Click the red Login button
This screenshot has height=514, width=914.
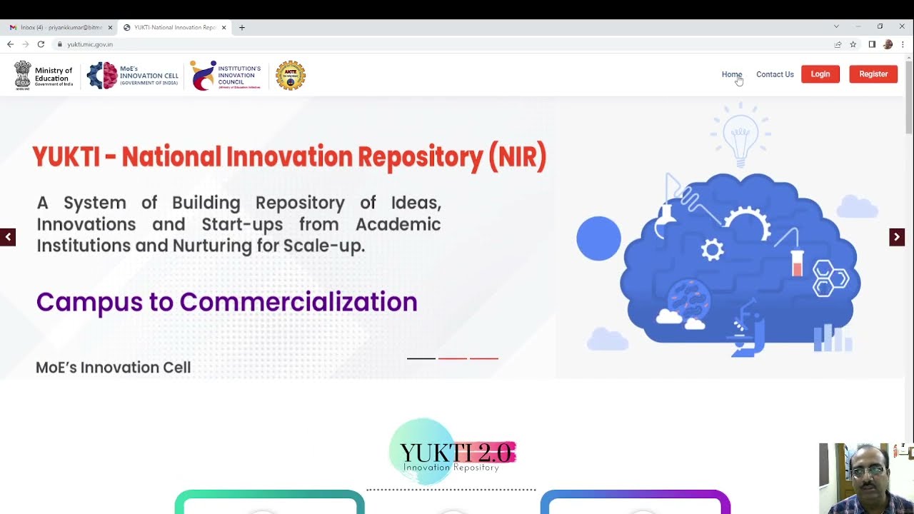tap(820, 74)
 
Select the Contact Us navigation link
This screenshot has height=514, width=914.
tap(775, 74)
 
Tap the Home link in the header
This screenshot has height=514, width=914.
tap(731, 74)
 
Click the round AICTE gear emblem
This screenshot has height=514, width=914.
tap(291, 75)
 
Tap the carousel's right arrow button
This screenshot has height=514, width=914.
tap(897, 237)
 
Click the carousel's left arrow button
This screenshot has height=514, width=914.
tap(8, 237)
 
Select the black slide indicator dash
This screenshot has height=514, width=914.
tap(421, 358)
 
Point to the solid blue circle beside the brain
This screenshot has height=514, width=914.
tap(598, 238)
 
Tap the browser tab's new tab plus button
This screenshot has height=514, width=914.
tap(242, 27)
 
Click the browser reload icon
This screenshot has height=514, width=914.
tap(41, 44)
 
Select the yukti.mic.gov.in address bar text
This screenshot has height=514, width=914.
tap(90, 44)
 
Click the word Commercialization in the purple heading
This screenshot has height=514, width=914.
tap(298, 302)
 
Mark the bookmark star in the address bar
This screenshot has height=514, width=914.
tap(853, 44)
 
